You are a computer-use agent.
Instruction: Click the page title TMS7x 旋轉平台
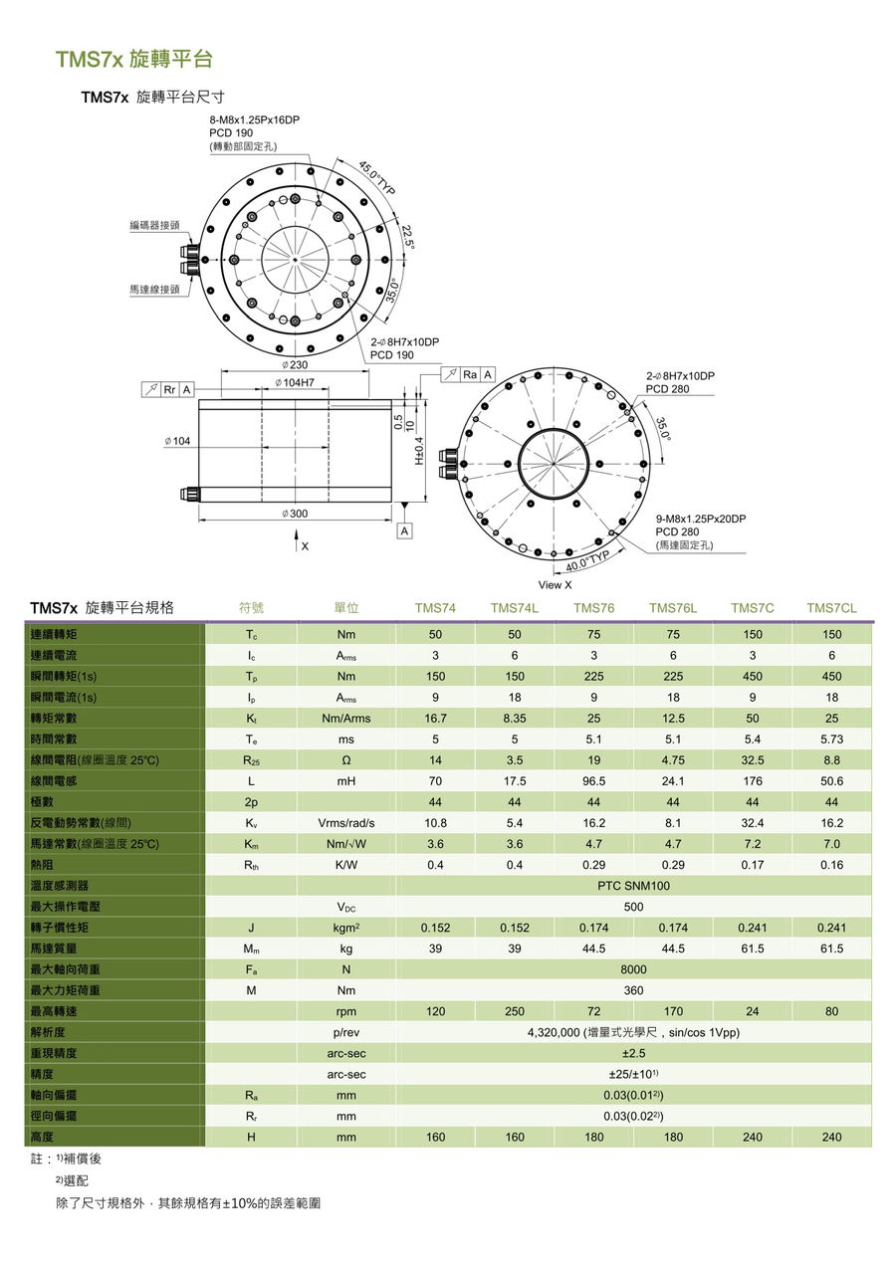(134, 59)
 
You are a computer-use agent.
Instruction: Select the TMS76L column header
(673, 608)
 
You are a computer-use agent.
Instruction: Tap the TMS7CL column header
(831, 608)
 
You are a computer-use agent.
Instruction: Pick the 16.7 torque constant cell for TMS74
(435, 719)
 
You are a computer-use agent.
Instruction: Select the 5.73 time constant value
(831, 739)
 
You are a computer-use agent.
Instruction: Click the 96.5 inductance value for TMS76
(593, 781)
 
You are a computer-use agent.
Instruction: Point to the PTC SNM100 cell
(633, 886)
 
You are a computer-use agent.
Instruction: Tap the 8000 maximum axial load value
(633, 969)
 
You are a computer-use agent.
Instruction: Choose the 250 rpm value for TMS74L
(515, 1011)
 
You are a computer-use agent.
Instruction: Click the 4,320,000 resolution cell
(633, 1032)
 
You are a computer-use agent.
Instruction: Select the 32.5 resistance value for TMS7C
(753, 760)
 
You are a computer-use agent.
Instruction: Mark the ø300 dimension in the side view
(295, 513)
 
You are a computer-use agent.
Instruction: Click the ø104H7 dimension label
(295, 382)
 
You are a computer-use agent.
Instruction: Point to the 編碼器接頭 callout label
(154, 226)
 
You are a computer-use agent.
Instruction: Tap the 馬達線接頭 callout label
(154, 289)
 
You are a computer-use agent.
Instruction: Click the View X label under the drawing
(555, 585)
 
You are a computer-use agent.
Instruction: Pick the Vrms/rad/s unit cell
(346, 823)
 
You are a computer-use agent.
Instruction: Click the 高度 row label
(42, 1137)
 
